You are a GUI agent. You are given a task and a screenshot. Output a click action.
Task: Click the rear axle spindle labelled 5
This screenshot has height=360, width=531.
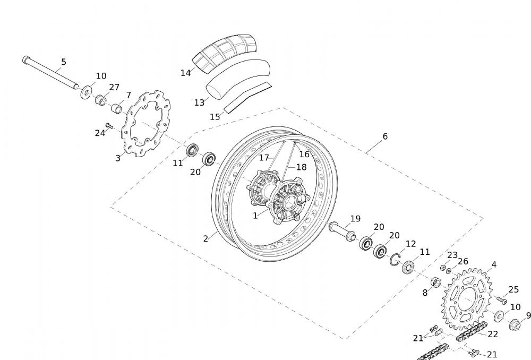50,73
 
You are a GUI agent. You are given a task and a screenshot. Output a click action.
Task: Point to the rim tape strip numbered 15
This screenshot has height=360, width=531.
247,97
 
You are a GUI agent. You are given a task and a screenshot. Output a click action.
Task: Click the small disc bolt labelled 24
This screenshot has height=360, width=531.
109,125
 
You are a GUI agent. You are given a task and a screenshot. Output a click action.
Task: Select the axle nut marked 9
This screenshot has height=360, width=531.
515,324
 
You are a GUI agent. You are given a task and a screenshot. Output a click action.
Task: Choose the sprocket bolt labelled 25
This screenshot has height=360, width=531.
502,299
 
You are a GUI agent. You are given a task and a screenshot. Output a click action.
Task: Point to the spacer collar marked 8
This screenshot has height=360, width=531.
436,282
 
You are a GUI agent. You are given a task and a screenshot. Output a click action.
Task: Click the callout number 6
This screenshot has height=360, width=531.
385,136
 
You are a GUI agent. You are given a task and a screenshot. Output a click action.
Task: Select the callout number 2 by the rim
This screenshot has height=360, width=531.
205,238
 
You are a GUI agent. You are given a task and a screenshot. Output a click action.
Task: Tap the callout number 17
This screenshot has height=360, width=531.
264,158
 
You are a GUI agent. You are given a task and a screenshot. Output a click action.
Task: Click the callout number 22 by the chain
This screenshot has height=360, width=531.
493,335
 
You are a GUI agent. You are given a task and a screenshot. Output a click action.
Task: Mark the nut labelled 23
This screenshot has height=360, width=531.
443,268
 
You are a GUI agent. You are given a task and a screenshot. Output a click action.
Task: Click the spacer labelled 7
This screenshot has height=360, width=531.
117,109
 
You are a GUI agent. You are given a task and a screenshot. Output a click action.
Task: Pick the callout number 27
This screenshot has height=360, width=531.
115,87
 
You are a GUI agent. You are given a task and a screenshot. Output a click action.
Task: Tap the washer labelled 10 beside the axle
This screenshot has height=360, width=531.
87,91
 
